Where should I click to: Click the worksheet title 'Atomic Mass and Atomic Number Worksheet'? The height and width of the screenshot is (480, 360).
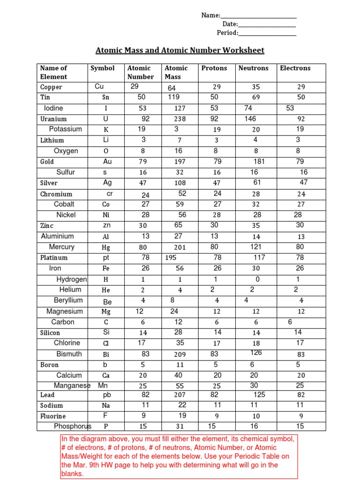pyautogui.click(x=180, y=50)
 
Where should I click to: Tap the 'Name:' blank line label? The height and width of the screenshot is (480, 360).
pyautogui.click(x=211, y=15)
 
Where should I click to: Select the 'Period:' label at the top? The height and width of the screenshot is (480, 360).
pyautogui.click(x=227, y=33)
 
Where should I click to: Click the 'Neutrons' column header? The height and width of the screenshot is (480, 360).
pyautogui.click(x=253, y=68)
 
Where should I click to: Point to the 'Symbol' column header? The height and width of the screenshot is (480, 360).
pyautogui.click(x=102, y=68)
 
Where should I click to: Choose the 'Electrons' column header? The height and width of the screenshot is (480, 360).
pyautogui.click(x=295, y=68)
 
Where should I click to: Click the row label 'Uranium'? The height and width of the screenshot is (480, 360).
pyautogui.click(x=53, y=119)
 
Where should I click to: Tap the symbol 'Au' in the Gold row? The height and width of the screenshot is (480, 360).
pyautogui.click(x=107, y=162)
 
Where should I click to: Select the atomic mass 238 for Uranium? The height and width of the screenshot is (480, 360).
pyautogui.click(x=180, y=119)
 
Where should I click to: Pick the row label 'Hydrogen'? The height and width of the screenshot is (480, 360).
pyautogui.click(x=72, y=279)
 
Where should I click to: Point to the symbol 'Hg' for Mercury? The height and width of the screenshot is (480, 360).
pyautogui.click(x=106, y=247)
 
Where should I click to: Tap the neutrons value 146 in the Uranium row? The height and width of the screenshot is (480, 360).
pyautogui.click(x=250, y=119)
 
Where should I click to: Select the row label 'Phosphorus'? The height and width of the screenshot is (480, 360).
pyautogui.click(x=72, y=426)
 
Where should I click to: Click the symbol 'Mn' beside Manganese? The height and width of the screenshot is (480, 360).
pyautogui.click(x=103, y=385)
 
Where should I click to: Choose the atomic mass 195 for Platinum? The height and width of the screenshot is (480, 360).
pyautogui.click(x=171, y=257)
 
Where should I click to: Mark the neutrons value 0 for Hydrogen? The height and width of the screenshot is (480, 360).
pyautogui.click(x=257, y=279)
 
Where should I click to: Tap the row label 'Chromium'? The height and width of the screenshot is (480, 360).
pyautogui.click(x=56, y=194)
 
